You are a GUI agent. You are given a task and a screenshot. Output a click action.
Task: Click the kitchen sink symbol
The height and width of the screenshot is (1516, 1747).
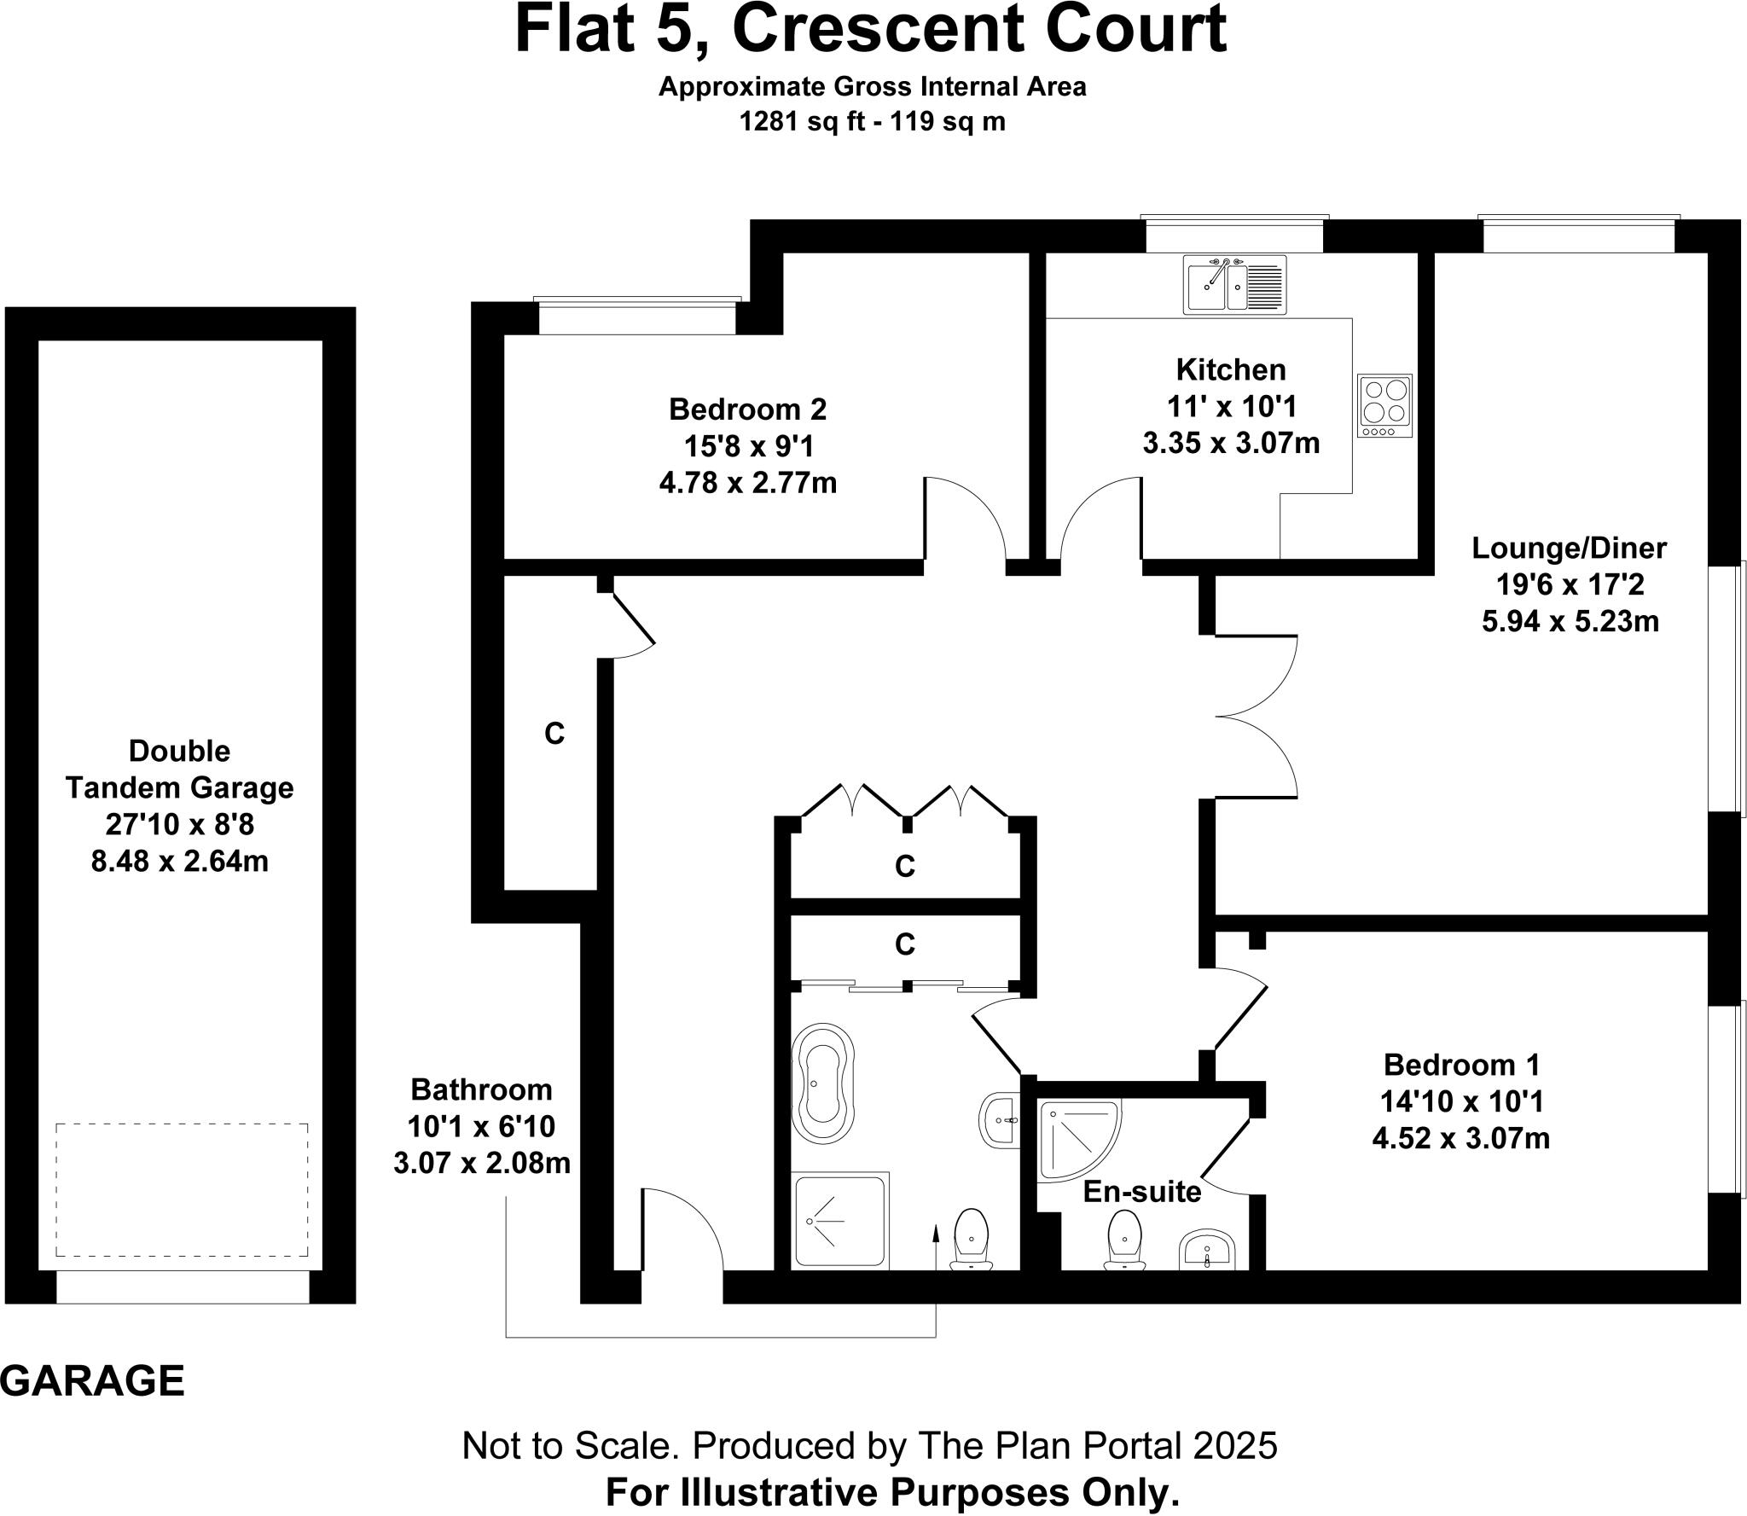pyautogui.click(x=1234, y=283)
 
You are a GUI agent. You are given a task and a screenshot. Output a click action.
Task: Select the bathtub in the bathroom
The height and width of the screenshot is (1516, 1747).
pyautogui.click(x=822, y=1083)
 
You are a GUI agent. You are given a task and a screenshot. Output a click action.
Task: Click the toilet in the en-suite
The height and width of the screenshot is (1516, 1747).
pyautogui.click(x=1123, y=1240)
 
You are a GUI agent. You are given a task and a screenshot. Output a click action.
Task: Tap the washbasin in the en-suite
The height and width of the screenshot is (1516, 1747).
pyautogui.click(x=1207, y=1251)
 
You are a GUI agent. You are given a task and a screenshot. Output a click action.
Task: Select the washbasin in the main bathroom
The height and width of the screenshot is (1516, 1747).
pyautogui.click(x=999, y=1121)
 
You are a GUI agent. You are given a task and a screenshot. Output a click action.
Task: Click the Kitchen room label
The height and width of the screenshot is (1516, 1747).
pyautogui.click(x=1231, y=369)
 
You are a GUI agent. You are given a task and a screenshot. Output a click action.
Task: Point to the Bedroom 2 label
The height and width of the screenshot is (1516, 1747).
pyautogui.click(x=747, y=409)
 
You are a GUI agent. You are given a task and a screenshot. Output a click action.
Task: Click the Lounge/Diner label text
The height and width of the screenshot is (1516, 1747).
pyautogui.click(x=1569, y=548)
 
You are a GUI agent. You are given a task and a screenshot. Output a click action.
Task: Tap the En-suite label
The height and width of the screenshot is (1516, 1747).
pyautogui.click(x=1141, y=1192)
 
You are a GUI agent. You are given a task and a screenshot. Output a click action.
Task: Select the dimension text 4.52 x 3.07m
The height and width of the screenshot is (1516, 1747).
pyautogui.click(x=1460, y=1138)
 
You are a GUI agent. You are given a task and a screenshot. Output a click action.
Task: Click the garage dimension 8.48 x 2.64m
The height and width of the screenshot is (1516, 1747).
pyautogui.click(x=179, y=861)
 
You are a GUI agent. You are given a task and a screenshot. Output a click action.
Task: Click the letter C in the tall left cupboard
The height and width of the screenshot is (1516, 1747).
pyautogui.click(x=554, y=733)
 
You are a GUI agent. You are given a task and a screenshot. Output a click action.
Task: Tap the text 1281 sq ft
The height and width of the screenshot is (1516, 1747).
pyautogui.click(x=798, y=122)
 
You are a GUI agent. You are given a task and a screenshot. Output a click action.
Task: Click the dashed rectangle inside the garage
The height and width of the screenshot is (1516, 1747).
pyautogui.click(x=182, y=1189)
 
